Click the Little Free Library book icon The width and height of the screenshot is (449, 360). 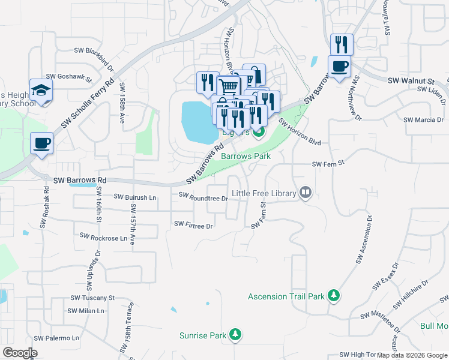306,193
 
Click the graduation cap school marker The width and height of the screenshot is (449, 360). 41,90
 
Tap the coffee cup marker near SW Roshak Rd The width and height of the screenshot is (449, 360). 42,143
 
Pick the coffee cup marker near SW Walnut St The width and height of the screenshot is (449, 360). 339,66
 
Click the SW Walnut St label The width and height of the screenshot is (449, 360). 411,80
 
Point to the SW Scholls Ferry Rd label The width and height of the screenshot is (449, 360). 87,105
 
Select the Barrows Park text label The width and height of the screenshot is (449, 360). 246,156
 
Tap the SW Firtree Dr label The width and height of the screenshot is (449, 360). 193,225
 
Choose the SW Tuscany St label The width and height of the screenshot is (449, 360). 92,298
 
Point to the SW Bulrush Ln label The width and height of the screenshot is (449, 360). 135,197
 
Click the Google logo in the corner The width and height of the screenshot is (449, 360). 20,353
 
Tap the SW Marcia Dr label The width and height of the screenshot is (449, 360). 423,119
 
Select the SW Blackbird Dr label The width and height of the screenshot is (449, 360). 91,53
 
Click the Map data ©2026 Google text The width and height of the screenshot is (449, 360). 412,355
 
